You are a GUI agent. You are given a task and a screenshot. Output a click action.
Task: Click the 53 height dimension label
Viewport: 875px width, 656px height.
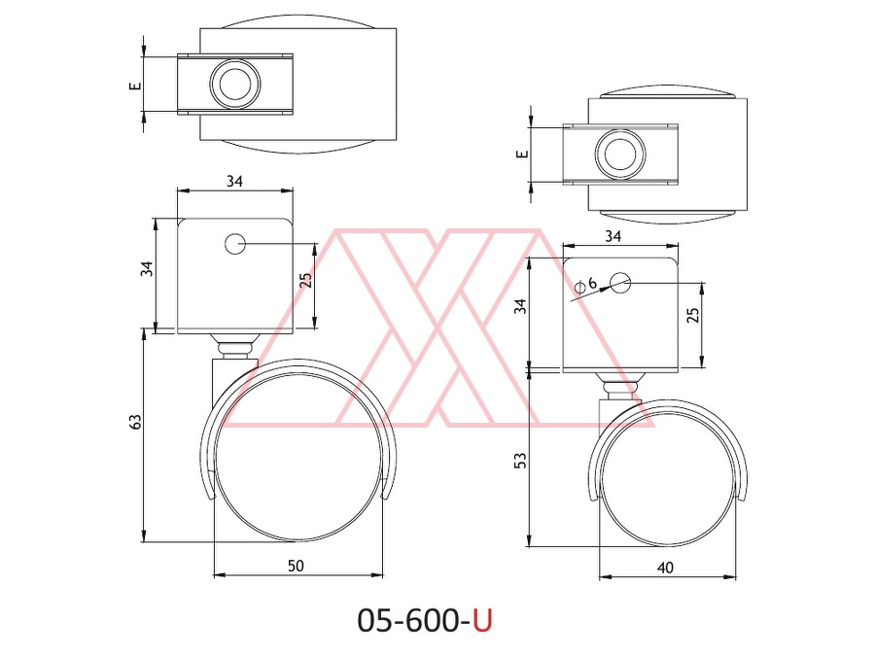(x=520, y=461)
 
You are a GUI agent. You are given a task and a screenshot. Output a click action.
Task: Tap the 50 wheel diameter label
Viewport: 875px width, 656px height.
(x=296, y=566)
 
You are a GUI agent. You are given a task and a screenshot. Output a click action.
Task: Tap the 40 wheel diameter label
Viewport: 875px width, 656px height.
(x=665, y=568)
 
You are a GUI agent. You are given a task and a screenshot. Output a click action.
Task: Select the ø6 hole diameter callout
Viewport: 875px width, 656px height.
(x=586, y=284)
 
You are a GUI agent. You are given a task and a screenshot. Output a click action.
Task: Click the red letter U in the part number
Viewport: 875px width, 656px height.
(x=482, y=620)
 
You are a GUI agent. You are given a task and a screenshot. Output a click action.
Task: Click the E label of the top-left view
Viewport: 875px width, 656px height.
(x=134, y=86)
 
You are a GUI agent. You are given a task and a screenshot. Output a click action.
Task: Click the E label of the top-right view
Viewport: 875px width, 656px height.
(x=522, y=154)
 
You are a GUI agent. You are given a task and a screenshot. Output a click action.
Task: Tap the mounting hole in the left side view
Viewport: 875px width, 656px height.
(x=235, y=244)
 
